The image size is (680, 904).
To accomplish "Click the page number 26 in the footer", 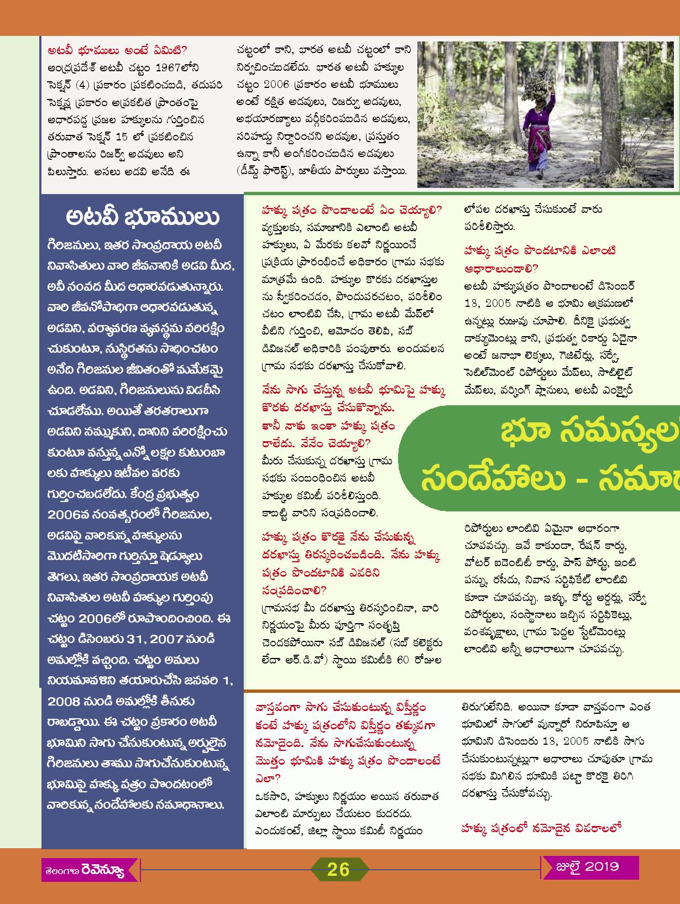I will [x=338, y=870].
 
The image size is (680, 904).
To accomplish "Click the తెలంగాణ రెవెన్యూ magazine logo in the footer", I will [x=85, y=871].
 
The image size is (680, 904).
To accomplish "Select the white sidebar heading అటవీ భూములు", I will [x=142, y=217].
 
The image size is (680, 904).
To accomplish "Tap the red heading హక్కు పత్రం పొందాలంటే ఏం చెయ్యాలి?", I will [x=352, y=210].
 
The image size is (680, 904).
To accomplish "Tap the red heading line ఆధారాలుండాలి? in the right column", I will [x=501, y=269].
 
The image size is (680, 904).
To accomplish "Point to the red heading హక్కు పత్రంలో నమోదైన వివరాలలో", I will [x=541, y=828].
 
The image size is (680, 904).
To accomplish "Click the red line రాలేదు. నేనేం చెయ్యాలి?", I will [x=317, y=443].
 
